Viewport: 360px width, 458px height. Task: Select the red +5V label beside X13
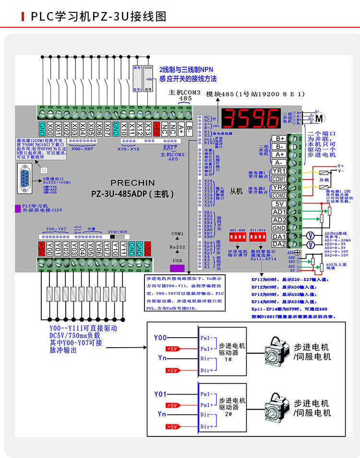click(156, 129)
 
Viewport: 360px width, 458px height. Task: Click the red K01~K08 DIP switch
click(239, 238)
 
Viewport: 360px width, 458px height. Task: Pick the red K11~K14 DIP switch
click(258, 238)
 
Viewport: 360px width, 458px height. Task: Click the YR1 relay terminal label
click(279, 171)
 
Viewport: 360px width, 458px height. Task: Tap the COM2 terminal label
click(279, 196)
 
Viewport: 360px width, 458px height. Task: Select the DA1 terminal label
click(279, 236)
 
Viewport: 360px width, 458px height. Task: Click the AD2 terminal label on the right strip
click(279, 220)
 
